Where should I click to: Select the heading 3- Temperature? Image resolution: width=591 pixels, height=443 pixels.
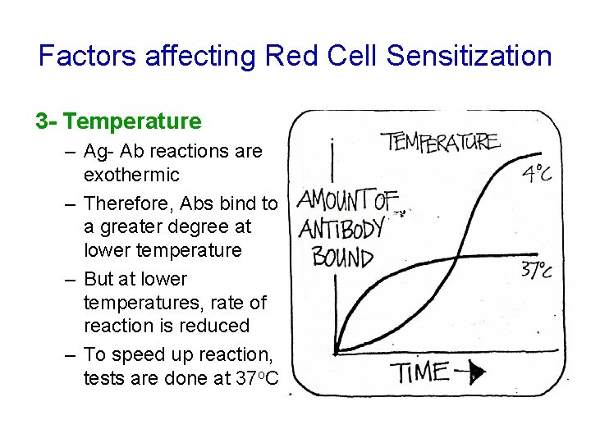tap(118, 121)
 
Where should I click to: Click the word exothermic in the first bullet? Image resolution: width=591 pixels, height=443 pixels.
tap(131, 175)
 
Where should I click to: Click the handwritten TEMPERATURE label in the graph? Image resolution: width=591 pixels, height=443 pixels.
tap(440, 142)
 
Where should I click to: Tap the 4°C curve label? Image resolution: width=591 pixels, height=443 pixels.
tap(536, 175)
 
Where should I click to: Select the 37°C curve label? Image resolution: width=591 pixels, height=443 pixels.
tap(535, 271)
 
